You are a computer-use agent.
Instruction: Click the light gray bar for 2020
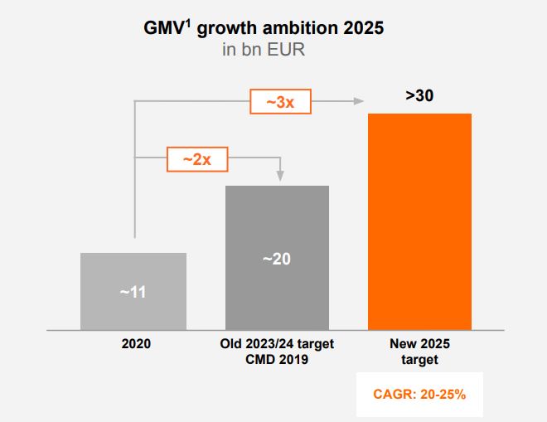pyautogui.click(x=133, y=291)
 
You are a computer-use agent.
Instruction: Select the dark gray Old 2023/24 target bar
pyautogui.click(x=277, y=258)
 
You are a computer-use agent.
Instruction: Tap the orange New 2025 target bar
pyautogui.click(x=419, y=221)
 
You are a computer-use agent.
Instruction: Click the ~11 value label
pyautogui.click(x=133, y=293)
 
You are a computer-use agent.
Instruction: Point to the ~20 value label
pyautogui.click(x=277, y=259)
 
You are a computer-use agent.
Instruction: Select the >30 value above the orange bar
pyautogui.click(x=419, y=95)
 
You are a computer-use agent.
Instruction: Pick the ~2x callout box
pyautogui.click(x=197, y=158)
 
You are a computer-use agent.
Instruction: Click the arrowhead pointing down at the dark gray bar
pyautogui.click(x=279, y=175)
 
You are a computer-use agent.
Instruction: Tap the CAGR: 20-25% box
pyautogui.click(x=419, y=394)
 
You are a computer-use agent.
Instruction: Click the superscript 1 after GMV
pyautogui.click(x=189, y=22)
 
